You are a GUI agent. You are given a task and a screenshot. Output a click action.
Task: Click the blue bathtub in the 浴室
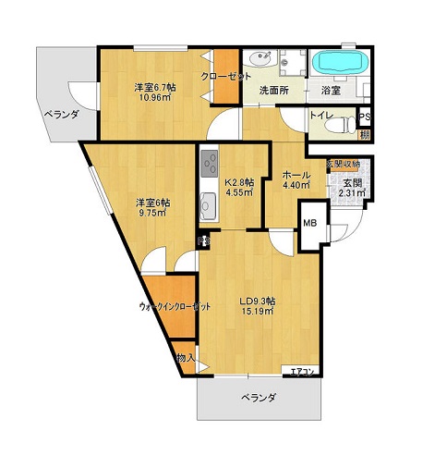(x=341, y=63)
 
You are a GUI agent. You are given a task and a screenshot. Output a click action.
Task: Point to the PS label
(x=365, y=117)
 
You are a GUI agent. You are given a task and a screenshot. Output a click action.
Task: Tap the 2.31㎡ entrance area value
(x=352, y=193)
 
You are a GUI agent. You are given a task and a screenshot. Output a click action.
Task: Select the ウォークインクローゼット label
(x=175, y=305)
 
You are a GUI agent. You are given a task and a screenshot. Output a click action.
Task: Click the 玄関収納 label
(x=343, y=165)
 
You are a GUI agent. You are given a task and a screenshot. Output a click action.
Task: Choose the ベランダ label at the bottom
(x=260, y=398)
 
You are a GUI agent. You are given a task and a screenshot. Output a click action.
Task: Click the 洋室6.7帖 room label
(x=154, y=87)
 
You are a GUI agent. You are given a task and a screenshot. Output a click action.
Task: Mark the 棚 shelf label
(x=366, y=135)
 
